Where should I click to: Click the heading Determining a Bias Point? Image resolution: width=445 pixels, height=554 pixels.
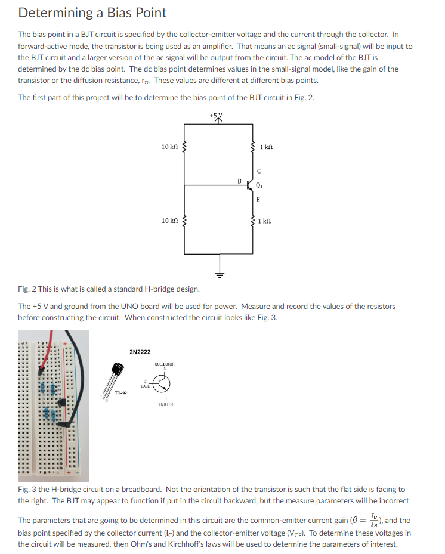pyautogui.click(x=92, y=13)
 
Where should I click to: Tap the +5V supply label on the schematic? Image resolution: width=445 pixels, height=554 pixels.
pyautogui.click(x=220, y=114)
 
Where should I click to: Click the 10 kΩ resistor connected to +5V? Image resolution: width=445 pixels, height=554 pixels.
pyautogui.click(x=184, y=147)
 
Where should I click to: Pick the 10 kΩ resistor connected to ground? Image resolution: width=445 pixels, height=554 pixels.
pyautogui.click(x=184, y=221)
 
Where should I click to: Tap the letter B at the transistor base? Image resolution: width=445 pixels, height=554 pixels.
pyautogui.click(x=239, y=179)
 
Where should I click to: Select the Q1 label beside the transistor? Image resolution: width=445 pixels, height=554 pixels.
pyautogui.click(x=259, y=185)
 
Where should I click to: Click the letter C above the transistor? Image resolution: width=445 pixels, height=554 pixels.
pyautogui.click(x=258, y=171)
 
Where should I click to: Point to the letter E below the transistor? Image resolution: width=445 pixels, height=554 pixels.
pyautogui.click(x=258, y=200)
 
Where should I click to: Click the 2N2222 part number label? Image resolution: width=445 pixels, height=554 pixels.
pyautogui.click(x=140, y=352)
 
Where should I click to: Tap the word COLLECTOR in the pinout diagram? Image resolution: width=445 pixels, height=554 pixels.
pyautogui.click(x=164, y=364)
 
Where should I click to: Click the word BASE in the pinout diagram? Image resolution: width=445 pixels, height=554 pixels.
pyautogui.click(x=146, y=386)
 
